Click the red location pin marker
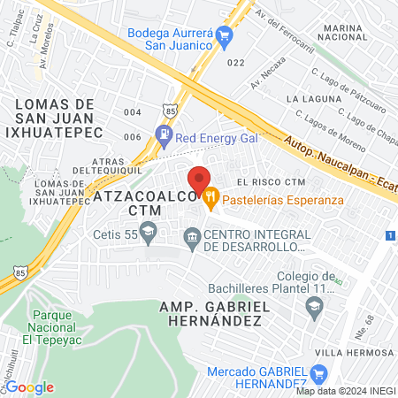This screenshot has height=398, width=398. point(199,180)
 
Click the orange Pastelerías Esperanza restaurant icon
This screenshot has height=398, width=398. point(210,199)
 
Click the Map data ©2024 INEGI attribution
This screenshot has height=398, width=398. point(346,391)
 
